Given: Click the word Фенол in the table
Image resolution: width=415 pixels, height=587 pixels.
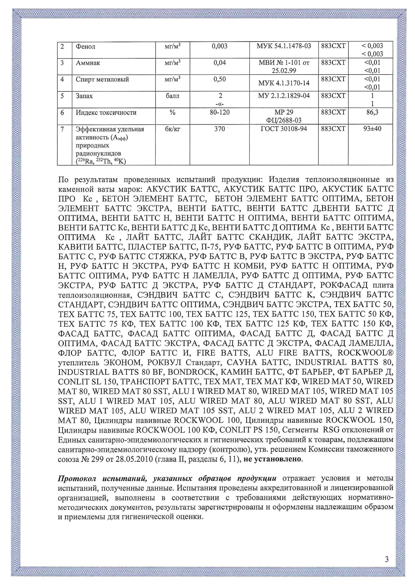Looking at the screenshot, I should pyautogui.click(x=85, y=46).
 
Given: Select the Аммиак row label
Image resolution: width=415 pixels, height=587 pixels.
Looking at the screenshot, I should pyautogui.click(x=88, y=63).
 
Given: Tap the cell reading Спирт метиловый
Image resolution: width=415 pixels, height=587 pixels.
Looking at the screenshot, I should pyautogui.click(x=102, y=79).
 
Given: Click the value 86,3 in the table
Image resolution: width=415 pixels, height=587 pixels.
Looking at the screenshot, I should pyautogui.click(x=372, y=112).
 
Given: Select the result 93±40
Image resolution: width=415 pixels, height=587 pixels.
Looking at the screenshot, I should pyautogui.click(x=372, y=129).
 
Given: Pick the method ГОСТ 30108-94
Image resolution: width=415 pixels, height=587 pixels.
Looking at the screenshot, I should pyautogui.click(x=284, y=129).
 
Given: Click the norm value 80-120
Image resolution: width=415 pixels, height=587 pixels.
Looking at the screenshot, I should pyautogui.click(x=220, y=112).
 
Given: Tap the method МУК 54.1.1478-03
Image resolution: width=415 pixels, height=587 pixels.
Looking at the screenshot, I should pyautogui.click(x=284, y=46).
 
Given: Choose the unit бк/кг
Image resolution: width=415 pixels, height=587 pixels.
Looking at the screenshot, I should pyautogui.click(x=172, y=129).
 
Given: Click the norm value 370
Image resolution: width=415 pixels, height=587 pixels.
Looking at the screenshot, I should pyautogui.click(x=220, y=129).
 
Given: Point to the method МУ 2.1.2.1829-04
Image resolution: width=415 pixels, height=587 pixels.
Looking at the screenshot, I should pyautogui.click(x=284, y=96).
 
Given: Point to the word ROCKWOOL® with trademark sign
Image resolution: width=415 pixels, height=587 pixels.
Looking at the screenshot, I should pyautogui.click(x=366, y=353).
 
